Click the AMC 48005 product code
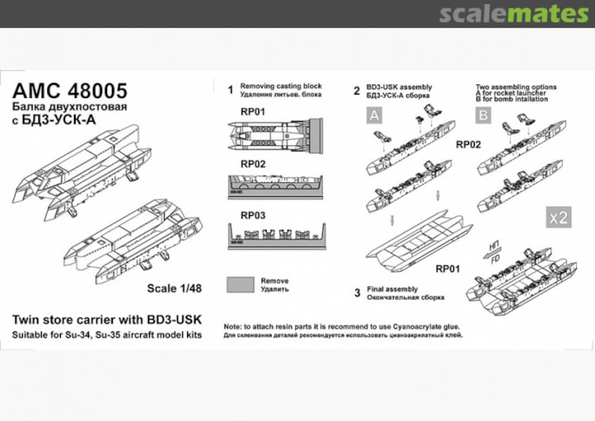pyautogui.click(x=70, y=91)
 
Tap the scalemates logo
pyautogui.click(x=513, y=14)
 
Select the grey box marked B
pyautogui.click(x=484, y=114)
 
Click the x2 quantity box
pyautogui.click(x=558, y=217)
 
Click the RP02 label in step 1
pyautogui.click(x=253, y=164)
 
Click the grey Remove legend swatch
pyautogui.click(x=241, y=285)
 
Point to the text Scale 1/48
pyautogui.click(x=174, y=288)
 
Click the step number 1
pyautogui.click(x=230, y=90)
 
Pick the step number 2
pyautogui.click(x=356, y=91)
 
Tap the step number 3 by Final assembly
pyautogui.click(x=356, y=293)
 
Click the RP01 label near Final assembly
pyautogui.click(x=448, y=269)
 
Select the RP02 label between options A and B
pyautogui.click(x=468, y=145)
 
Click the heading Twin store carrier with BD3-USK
pyautogui.click(x=107, y=320)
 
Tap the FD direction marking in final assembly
pyautogui.click(x=495, y=257)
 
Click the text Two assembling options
pyautogui.click(x=516, y=87)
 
